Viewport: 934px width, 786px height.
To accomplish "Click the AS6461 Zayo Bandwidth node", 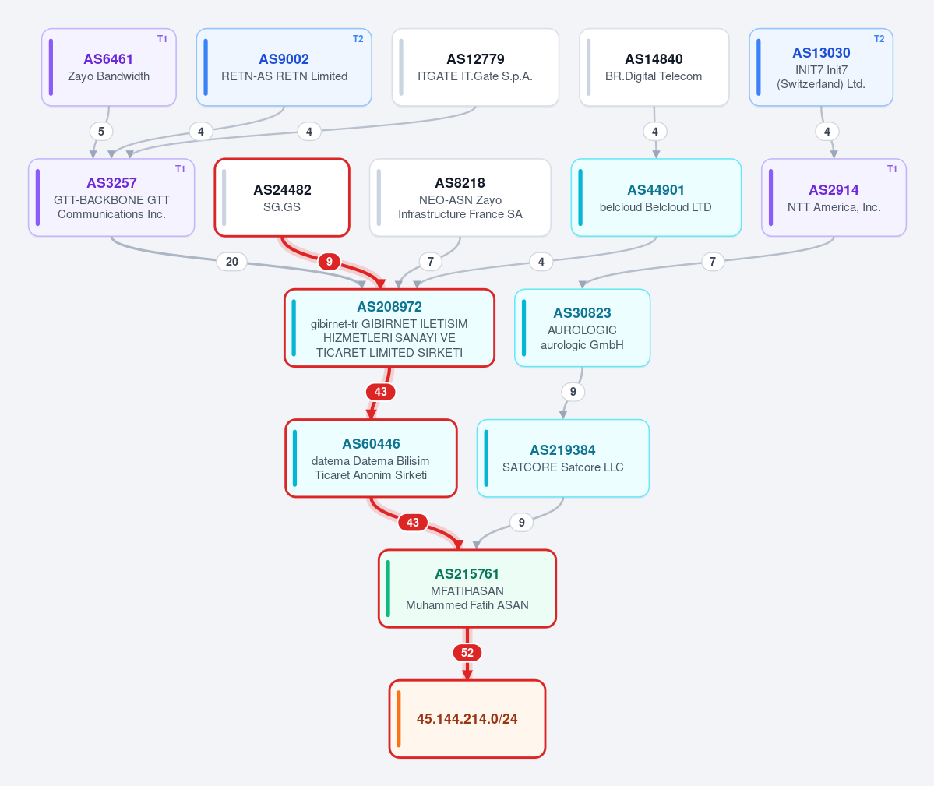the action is pos(109,67).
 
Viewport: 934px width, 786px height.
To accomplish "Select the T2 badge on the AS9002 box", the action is pos(358,39).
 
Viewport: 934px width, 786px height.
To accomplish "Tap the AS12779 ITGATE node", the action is pos(475,67).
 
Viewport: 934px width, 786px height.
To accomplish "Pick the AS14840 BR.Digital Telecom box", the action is pos(654,67).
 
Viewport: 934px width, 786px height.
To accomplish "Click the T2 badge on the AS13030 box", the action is pos(879,39).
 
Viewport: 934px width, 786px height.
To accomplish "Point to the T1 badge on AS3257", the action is pos(180,169).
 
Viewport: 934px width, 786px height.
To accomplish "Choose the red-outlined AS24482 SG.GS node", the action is pos(282,198).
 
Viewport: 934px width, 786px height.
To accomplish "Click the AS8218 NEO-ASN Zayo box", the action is pos(460,198).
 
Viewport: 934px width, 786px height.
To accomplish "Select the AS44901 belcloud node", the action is pos(656,198).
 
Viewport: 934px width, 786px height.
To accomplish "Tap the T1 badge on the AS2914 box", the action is pos(892,169).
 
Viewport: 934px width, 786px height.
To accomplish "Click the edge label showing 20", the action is pos(231,262).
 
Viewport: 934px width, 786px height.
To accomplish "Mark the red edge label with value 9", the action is pos(329,262).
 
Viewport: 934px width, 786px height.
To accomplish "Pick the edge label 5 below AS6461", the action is pos(101,132).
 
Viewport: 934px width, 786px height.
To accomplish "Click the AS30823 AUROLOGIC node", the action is pos(582,328).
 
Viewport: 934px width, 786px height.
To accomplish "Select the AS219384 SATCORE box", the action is pos(563,459).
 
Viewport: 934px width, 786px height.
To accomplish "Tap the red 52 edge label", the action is pos(467,653).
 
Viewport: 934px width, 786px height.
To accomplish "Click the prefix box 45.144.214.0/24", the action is pos(467,719).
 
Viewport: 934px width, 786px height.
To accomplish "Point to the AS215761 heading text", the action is pos(467,574).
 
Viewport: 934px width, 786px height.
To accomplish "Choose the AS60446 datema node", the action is pos(371,459).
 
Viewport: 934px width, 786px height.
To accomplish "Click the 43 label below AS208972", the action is pos(381,392).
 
